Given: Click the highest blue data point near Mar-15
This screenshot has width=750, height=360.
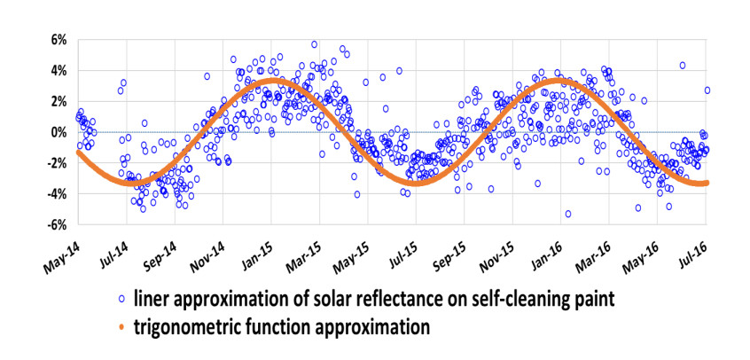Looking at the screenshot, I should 314,44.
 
